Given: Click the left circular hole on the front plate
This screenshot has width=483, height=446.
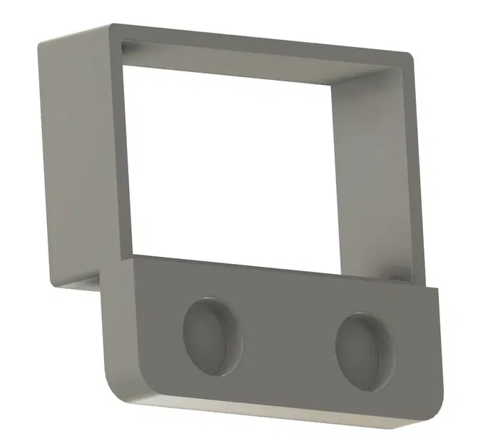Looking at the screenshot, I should click(213, 334).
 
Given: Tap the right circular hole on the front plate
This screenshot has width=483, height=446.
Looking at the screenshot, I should click(365, 351).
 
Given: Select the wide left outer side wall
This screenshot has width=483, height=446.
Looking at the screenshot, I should click(75, 157).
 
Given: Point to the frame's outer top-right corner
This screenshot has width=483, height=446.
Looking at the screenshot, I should click(412, 54).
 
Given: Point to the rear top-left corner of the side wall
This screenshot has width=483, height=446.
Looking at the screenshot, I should click(40, 40).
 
